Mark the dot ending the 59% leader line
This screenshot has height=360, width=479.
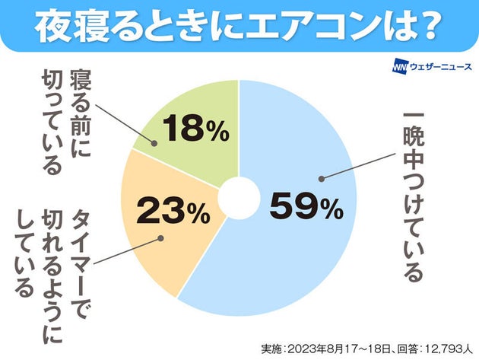(x=322, y=180)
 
